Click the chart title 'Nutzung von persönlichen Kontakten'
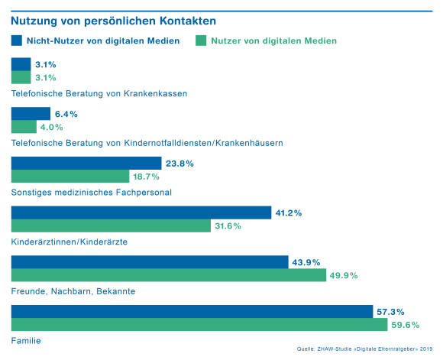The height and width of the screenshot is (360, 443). [x=113, y=21]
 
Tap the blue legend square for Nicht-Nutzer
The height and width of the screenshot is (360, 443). [x=16, y=41]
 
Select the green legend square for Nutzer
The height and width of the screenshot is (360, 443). [x=201, y=41]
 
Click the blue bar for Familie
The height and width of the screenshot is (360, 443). [x=192, y=311]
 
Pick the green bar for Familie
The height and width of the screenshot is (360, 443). [x=199, y=324]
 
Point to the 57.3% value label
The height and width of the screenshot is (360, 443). [x=390, y=312]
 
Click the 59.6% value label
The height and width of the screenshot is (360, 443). [x=405, y=325]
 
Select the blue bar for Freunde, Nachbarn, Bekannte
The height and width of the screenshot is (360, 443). [x=150, y=262]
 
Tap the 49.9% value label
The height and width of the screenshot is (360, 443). [x=344, y=275]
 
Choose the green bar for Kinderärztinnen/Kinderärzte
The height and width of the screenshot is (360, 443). [x=111, y=225]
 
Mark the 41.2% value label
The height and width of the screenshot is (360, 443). [x=289, y=213]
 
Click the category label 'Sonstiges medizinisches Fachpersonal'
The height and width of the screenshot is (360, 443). [x=91, y=193]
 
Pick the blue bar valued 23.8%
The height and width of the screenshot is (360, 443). [x=86, y=163]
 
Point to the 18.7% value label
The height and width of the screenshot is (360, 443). [x=146, y=177]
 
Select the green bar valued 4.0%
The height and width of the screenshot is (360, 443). [x=24, y=127]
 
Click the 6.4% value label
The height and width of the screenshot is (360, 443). [x=66, y=114]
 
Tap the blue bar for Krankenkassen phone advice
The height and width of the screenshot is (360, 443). [x=21, y=64]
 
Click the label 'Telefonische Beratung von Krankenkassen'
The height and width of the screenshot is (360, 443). [x=99, y=93]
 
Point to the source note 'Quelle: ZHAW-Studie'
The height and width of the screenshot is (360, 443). [x=364, y=349]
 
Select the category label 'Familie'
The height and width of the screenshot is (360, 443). [x=26, y=340]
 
